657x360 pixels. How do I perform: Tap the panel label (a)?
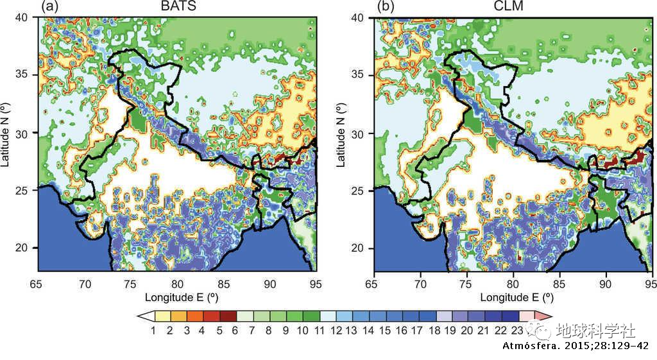tap(51, 7)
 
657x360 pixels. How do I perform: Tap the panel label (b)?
tap(387, 7)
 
